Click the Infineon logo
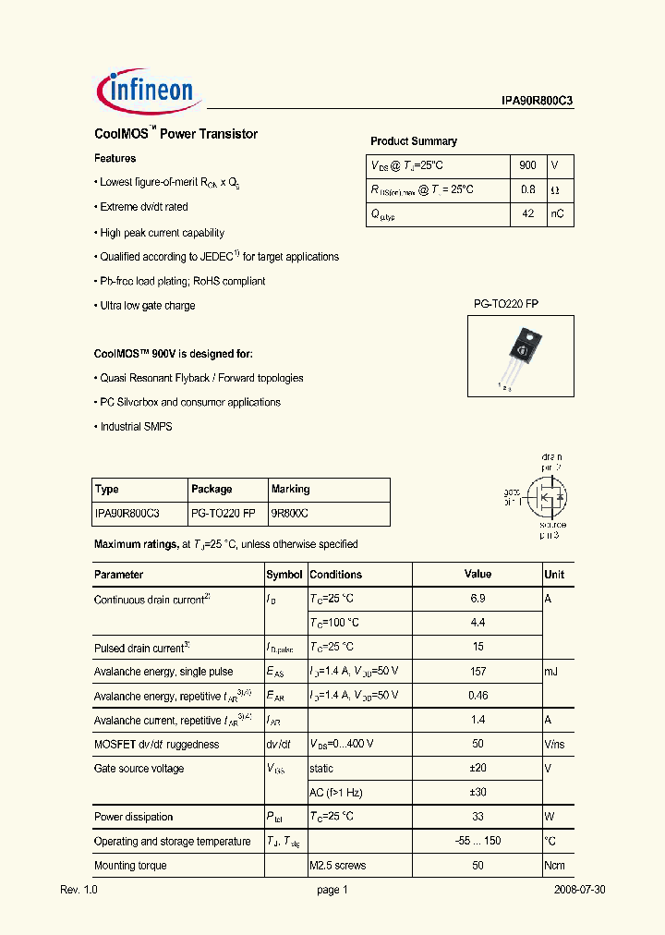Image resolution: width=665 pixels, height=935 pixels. (x=145, y=89)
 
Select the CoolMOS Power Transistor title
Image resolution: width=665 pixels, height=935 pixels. (x=176, y=134)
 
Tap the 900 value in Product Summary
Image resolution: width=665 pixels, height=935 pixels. (x=527, y=165)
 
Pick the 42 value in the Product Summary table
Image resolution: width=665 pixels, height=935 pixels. (x=527, y=213)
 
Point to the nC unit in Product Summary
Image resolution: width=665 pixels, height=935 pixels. (x=559, y=213)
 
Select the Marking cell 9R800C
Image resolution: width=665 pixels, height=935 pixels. (x=290, y=513)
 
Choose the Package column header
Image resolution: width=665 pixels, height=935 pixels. (x=212, y=489)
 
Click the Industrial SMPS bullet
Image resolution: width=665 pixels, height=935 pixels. (x=136, y=427)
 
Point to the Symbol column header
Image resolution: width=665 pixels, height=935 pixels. (x=284, y=575)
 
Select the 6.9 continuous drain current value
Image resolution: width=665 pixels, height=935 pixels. (x=478, y=599)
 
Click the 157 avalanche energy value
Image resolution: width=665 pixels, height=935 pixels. (x=478, y=672)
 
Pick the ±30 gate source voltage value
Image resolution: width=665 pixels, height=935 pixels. (x=478, y=793)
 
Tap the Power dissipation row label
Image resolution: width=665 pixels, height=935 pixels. (x=133, y=817)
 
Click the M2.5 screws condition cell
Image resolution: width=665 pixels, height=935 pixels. (x=337, y=866)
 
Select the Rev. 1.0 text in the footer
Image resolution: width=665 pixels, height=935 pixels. (x=79, y=891)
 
